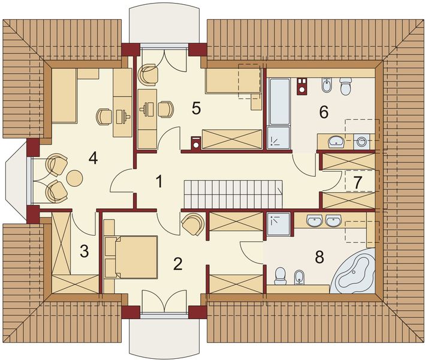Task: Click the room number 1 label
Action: (159, 181)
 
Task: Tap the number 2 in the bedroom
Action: (178, 263)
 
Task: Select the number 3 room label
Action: (85, 251)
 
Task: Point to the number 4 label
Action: (93, 158)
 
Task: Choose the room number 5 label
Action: (196, 108)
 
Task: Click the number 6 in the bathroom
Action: (324, 112)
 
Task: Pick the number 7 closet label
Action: (358, 182)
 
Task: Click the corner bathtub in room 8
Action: (352, 271)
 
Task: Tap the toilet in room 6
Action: (345, 86)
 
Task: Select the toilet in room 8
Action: (281, 276)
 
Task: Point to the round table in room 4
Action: (74, 178)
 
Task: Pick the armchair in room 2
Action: (193, 224)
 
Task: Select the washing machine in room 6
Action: (361, 141)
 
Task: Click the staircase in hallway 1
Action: (233, 194)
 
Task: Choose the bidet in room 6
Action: (326, 85)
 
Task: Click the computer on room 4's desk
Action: (122, 116)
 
